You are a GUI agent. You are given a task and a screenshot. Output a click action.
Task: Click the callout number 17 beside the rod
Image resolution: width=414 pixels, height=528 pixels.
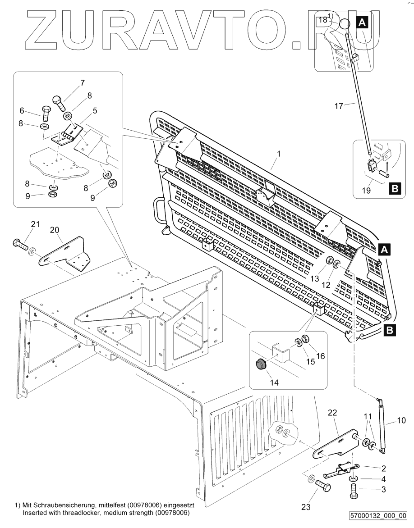click(339, 106)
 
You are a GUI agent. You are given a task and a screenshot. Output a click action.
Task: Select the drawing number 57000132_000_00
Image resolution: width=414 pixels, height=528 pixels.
click(378, 515)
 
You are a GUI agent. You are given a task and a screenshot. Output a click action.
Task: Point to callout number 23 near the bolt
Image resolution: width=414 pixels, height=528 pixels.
click(307, 507)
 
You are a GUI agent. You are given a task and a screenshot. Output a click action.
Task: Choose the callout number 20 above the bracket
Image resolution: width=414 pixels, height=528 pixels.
click(55, 230)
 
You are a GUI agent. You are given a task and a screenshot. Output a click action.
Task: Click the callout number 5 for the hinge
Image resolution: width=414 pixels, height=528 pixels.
click(95, 109)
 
